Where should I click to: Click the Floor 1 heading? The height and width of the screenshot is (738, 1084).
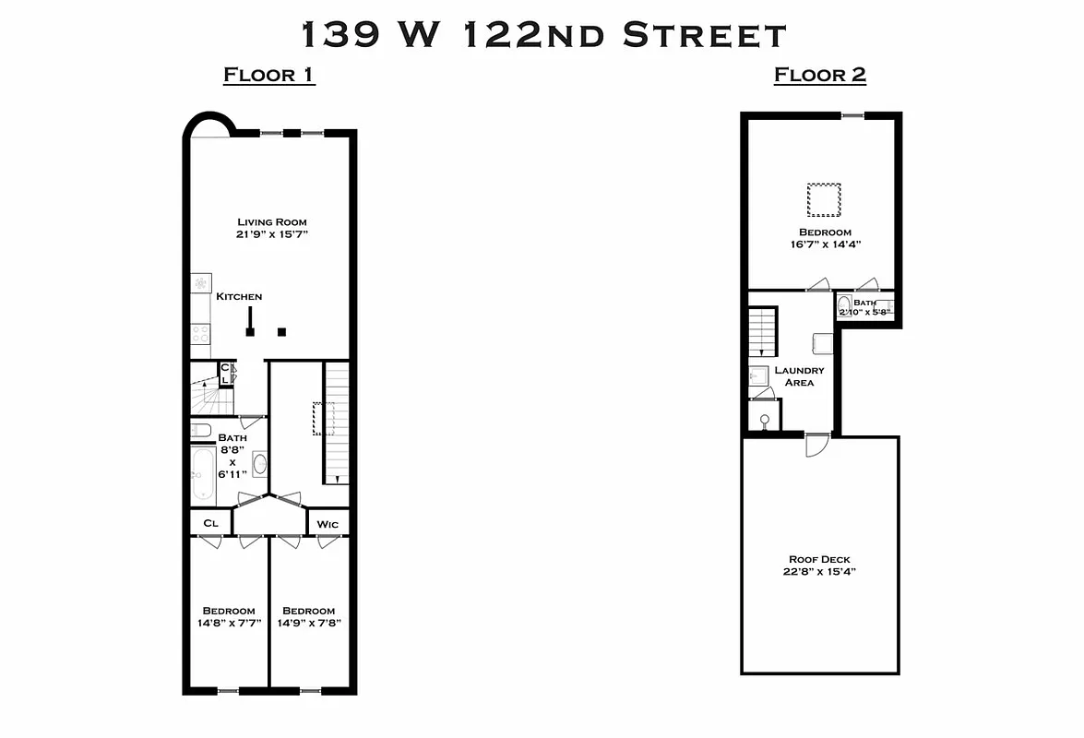pos(269,75)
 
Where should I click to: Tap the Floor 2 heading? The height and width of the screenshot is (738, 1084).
pos(819,75)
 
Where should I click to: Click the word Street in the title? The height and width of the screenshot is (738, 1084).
pos(704,35)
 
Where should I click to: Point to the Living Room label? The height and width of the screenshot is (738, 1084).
pos(271,221)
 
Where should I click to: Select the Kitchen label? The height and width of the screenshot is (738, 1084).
pos(239,296)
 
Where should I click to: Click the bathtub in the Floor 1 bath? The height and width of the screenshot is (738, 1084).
pos(202,475)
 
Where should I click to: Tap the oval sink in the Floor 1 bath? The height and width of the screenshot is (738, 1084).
pos(259,464)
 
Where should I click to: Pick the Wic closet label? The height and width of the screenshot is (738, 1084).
pos(328,524)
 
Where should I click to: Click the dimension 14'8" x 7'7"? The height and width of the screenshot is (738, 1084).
pos(229,623)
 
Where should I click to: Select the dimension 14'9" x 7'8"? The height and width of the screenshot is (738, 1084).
pos(308,623)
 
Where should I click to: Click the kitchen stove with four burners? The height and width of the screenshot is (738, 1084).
pos(201,333)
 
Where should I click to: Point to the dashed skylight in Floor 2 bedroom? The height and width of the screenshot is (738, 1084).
pos(824,198)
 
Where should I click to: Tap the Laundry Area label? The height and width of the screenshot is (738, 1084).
pos(799,376)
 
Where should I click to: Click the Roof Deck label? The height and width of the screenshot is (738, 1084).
pos(819,559)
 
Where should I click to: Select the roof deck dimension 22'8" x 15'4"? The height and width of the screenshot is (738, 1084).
pos(819,571)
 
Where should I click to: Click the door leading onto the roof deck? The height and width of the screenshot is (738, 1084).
pos(816,445)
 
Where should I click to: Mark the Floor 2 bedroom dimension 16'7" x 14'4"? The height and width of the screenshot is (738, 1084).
pos(825,244)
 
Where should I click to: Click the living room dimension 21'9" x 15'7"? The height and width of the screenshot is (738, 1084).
pos(271,234)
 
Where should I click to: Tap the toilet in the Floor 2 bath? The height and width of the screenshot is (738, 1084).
pos(844,305)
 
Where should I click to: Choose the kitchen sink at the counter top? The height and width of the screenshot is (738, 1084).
pos(200,283)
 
